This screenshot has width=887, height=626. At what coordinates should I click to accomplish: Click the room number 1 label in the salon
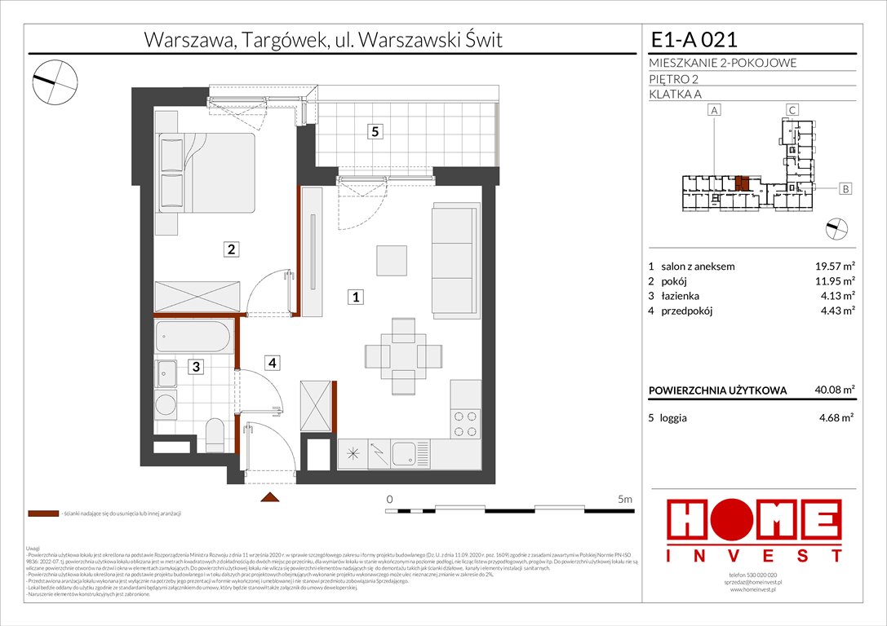[x=356, y=298]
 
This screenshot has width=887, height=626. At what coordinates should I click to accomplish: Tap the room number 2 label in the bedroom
[x=232, y=250]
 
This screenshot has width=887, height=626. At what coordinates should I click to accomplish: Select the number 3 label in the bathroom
[x=197, y=367]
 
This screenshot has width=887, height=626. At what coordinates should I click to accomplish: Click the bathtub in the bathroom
[x=195, y=337]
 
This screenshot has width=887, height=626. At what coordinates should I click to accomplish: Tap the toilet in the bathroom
[x=215, y=434]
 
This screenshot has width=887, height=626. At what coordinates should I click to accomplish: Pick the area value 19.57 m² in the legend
[x=832, y=266]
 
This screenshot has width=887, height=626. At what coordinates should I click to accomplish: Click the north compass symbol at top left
[x=55, y=79]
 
